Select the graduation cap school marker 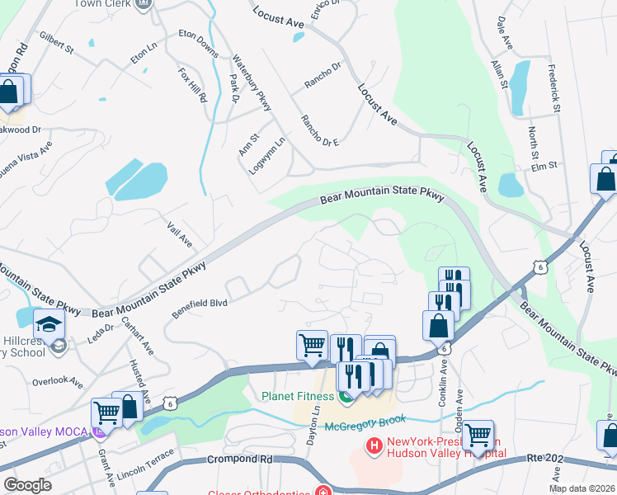point(49,325)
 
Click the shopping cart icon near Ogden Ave point(478,436)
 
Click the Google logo point(27,484)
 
